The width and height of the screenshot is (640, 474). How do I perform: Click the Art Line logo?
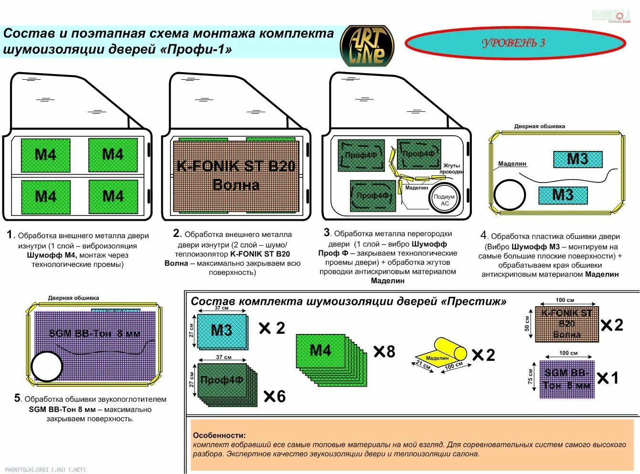tap(367, 46)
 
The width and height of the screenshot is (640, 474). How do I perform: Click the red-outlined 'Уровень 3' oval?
tap(515, 43)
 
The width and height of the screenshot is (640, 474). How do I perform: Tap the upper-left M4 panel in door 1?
tap(45, 155)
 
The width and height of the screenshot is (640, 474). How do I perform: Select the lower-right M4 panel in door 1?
tap(113, 196)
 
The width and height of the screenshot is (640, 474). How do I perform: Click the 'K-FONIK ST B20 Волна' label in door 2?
tap(236, 175)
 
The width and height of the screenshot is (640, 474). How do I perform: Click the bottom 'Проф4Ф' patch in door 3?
tap(373, 195)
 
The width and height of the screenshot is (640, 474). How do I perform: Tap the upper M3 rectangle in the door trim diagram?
tap(577, 159)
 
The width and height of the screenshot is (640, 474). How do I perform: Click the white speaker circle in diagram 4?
tap(510, 195)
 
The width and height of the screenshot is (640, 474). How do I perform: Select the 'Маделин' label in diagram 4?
tap(512, 163)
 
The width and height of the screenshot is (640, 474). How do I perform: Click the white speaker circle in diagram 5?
tap(47, 366)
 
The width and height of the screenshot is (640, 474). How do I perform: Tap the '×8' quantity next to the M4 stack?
tap(384, 352)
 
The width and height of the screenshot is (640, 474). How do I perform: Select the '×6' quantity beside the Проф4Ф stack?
tap(275, 396)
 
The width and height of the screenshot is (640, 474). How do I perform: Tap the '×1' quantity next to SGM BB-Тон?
tap(608, 378)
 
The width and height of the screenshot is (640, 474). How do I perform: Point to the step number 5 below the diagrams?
tap(18, 398)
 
